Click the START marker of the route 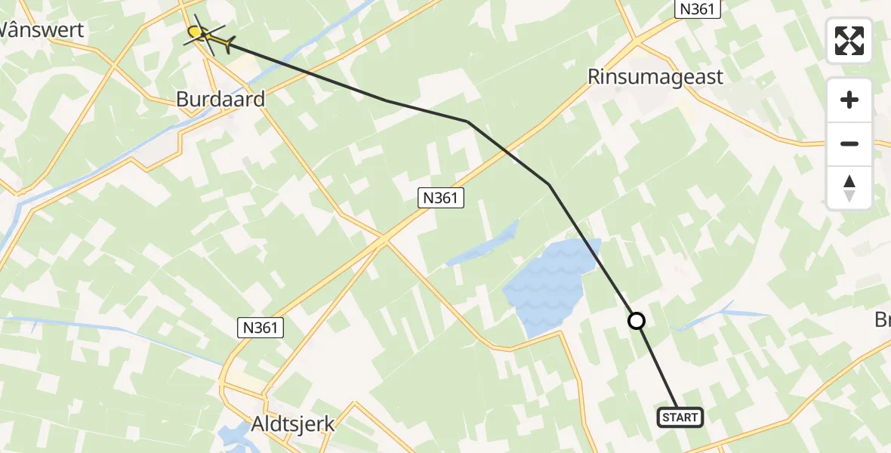[680, 417]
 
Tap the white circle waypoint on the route [637, 321]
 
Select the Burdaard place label [220, 99]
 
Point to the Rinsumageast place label [655, 76]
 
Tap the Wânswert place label [42, 30]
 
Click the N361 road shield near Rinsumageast [698, 8]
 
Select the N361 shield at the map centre [441, 198]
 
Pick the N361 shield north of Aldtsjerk [260, 327]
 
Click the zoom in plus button [849, 100]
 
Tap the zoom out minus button [849, 143]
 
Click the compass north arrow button [849, 187]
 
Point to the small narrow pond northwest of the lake [483, 243]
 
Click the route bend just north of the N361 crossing [467, 121]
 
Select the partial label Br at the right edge [882, 319]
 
